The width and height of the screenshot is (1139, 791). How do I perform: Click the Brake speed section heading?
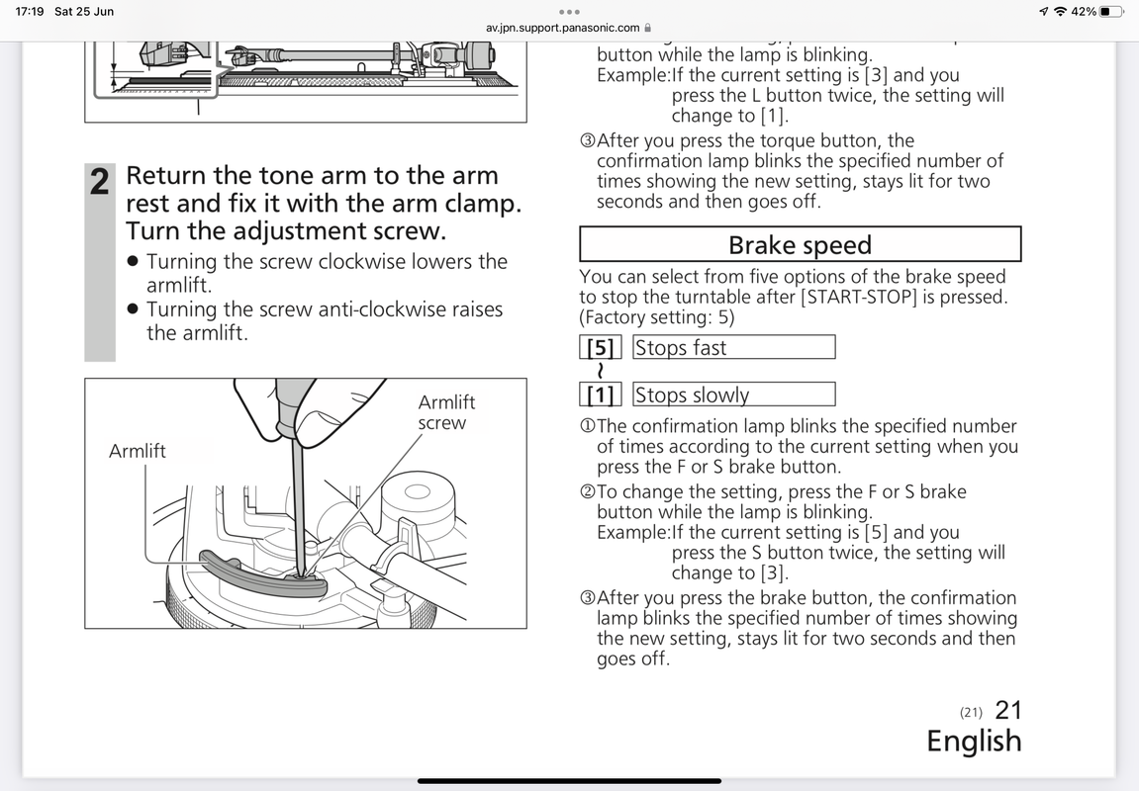(x=800, y=245)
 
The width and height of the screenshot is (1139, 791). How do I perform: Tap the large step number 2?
(x=100, y=183)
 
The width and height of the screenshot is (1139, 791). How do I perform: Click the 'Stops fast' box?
(x=733, y=348)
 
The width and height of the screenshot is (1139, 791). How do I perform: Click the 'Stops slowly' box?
(x=733, y=395)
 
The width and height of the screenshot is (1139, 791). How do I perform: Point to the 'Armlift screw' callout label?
(x=446, y=412)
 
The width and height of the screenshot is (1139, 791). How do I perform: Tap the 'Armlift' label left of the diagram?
(x=138, y=452)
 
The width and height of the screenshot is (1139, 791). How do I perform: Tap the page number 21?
(x=1008, y=710)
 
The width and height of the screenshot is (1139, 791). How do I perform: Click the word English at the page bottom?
(x=974, y=742)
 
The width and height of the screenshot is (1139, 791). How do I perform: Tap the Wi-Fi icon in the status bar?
(x=1061, y=12)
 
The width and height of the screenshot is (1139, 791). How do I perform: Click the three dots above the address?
(x=569, y=12)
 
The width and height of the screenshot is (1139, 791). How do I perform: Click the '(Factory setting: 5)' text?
(x=657, y=317)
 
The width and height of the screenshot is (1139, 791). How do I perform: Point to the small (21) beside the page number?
(x=971, y=712)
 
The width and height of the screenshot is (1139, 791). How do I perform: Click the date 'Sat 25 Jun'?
(x=85, y=12)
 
